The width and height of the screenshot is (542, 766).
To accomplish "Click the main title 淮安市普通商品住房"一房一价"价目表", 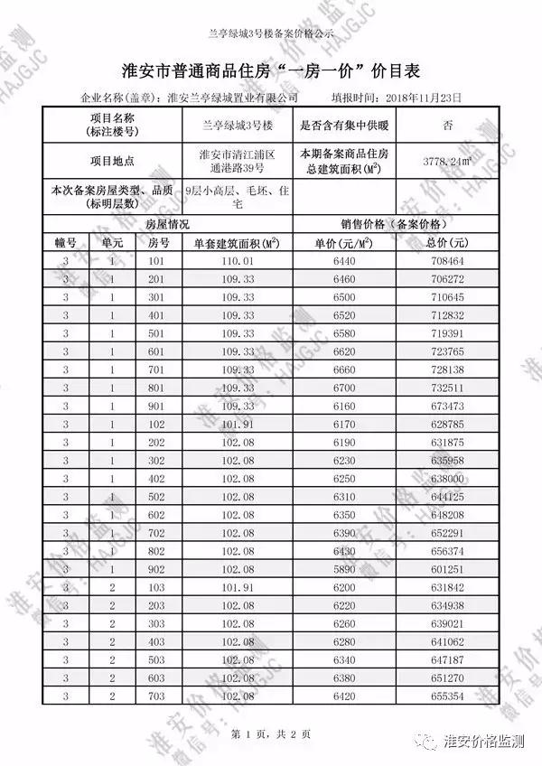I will point(271,70).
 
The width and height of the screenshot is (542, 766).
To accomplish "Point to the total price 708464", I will point(448,261).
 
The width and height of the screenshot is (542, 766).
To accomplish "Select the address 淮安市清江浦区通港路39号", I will point(237,161).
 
